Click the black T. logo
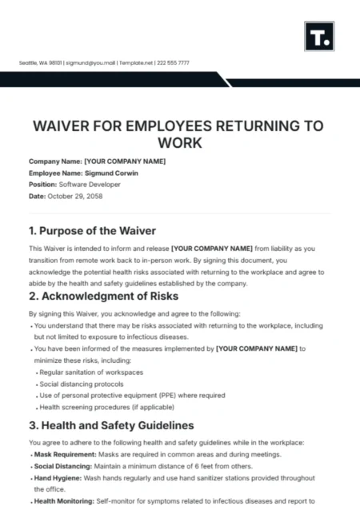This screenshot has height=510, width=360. point(318,37)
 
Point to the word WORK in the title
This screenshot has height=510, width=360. point(180,144)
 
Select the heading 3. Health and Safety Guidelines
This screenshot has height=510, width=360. point(110,424)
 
